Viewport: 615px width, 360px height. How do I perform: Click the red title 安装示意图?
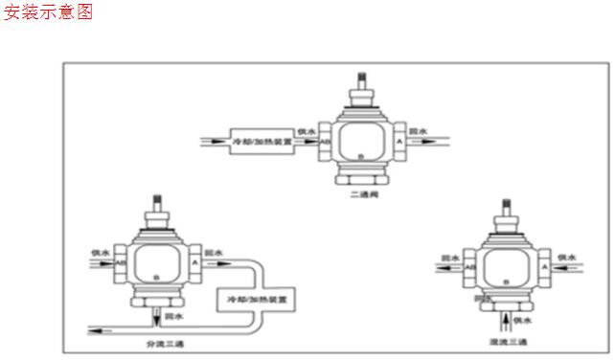pos(50,13)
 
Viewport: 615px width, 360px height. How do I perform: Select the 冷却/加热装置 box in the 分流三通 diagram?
pos(255,300)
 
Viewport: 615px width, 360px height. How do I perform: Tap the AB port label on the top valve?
pos(326,141)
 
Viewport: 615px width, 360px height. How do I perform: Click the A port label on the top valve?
pos(398,141)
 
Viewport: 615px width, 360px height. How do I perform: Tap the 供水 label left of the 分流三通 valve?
pos(98,252)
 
